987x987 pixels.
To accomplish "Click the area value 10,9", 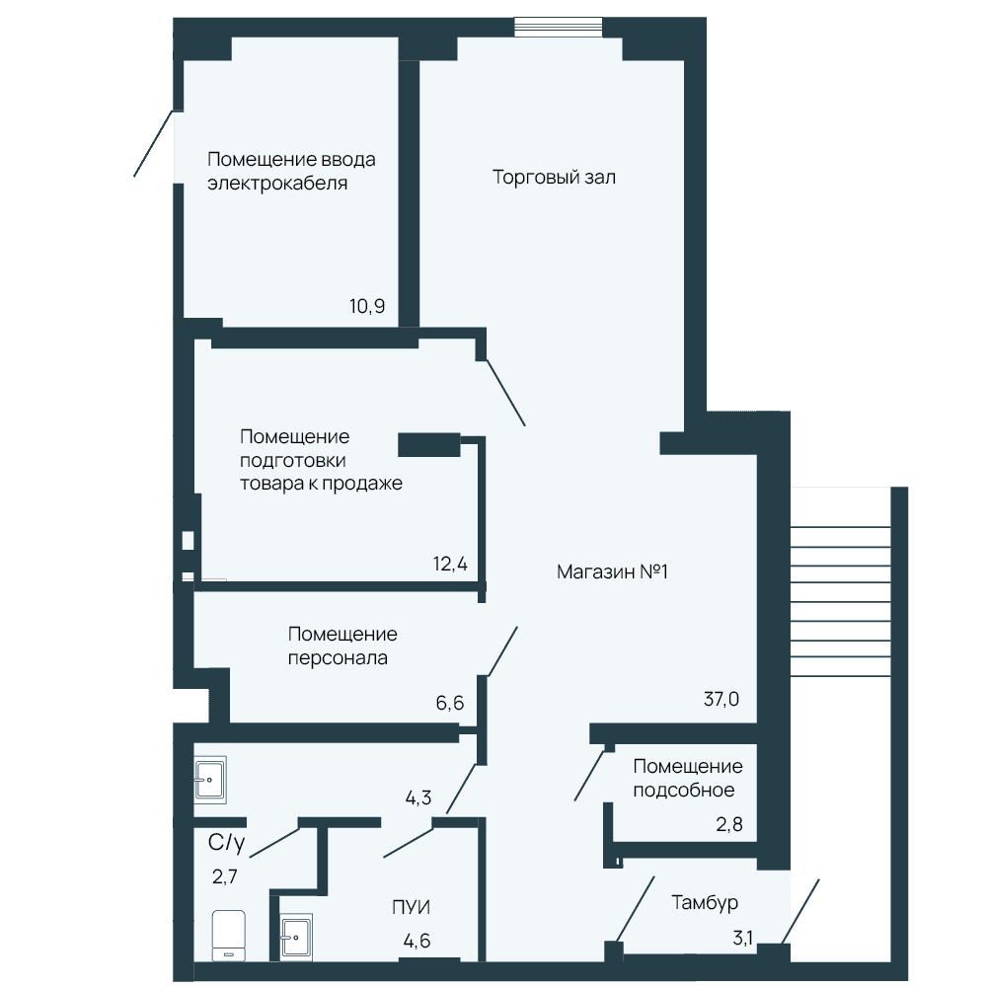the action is pyautogui.click(x=367, y=307).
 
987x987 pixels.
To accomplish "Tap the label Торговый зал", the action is pyautogui.click(x=554, y=178).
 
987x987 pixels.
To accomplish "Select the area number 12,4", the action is pyautogui.click(x=450, y=564).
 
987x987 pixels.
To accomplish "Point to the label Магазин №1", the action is pyautogui.click(x=612, y=571).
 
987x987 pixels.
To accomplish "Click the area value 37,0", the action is pyautogui.click(x=721, y=699).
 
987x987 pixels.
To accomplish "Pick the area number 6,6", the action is pyautogui.click(x=449, y=703).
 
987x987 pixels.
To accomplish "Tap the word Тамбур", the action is pyautogui.click(x=705, y=903).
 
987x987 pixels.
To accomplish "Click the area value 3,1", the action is pyautogui.click(x=743, y=939).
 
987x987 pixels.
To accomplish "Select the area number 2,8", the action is pyautogui.click(x=729, y=824).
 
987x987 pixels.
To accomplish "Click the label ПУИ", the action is pyautogui.click(x=411, y=907).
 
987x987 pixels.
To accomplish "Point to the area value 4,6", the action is pyautogui.click(x=417, y=941).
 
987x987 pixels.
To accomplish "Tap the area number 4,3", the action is pyautogui.click(x=418, y=798).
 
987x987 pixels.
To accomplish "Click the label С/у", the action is pyautogui.click(x=227, y=842).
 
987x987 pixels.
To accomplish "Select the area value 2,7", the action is pyautogui.click(x=225, y=876).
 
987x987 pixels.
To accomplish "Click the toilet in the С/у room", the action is pyautogui.click(x=229, y=936).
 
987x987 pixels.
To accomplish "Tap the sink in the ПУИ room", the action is pyautogui.click(x=296, y=938).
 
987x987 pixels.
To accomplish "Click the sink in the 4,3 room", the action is pyautogui.click(x=209, y=780).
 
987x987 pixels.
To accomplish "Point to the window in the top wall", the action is pyautogui.click(x=559, y=27).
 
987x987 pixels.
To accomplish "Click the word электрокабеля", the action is pyautogui.click(x=277, y=184).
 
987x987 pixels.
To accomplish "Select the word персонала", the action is pyautogui.click(x=338, y=658).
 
